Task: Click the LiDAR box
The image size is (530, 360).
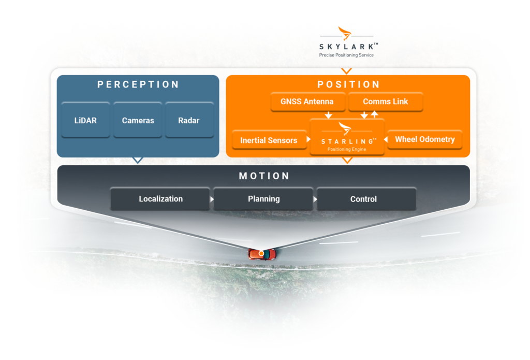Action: click(x=85, y=120)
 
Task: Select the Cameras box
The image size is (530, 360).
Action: click(x=138, y=120)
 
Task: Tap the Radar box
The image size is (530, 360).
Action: click(x=189, y=120)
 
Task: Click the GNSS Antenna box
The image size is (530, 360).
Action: click(x=307, y=102)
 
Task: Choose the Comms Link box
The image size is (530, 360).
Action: click(x=385, y=102)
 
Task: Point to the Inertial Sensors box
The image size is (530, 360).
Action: click(x=269, y=140)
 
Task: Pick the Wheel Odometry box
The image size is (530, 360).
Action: click(x=424, y=139)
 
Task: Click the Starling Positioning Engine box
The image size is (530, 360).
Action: click(x=347, y=137)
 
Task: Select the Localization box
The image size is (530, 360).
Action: click(x=160, y=199)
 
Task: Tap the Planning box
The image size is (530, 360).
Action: click(x=263, y=199)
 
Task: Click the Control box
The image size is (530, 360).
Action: click(x=363, y=199)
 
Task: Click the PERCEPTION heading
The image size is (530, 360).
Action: click(x=138, y=84)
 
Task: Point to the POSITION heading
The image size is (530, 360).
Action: click(x=348, y=84)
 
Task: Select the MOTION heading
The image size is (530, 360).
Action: click(x=264, y=176)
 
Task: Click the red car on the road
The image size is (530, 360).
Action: click(x=262, y=254)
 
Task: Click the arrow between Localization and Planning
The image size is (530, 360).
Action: click(x=212, y=199)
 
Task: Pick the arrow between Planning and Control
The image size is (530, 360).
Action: click(x=315, y=199)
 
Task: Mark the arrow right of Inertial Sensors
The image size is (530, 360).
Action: click(x=308, y=140)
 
